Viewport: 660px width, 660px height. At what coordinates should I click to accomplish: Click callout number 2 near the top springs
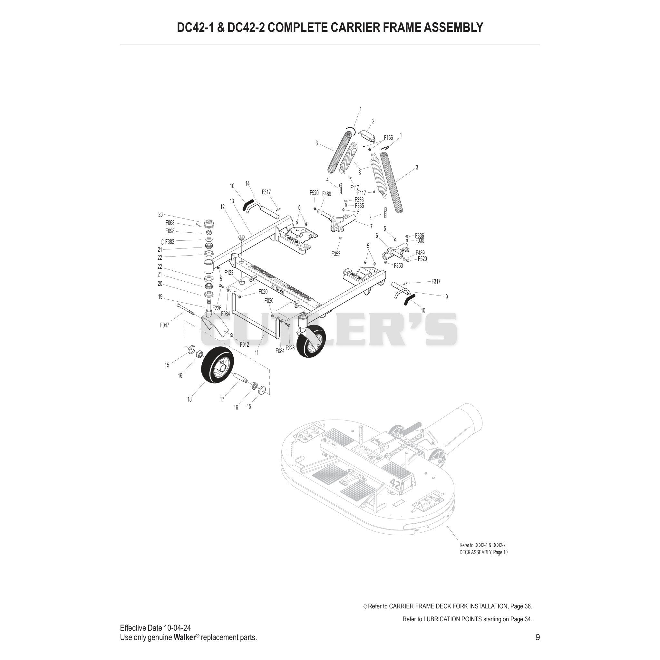coord(373,121)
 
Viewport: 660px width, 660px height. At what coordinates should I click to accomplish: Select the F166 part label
coord(388,138)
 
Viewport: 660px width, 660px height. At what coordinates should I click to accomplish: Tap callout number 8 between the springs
coord(359,173)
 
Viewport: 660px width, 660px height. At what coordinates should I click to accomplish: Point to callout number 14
coord(247,184)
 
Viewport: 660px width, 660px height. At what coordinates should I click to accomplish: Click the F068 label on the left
coord(170,223)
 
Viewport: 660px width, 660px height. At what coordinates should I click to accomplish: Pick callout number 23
coord(160,215)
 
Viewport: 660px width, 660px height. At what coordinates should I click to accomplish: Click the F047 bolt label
coord(165,325)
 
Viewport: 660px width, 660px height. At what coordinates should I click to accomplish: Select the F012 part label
coord(244,345)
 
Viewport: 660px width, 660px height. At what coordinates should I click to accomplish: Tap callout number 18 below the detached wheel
coord(189,399)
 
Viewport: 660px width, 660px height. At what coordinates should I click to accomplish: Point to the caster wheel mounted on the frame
coord(311,341)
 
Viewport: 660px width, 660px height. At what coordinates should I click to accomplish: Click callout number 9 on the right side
coord(446,297)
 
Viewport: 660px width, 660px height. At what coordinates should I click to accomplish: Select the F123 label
coord(229,273)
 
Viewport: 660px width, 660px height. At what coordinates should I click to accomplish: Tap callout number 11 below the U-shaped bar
coord(257,352)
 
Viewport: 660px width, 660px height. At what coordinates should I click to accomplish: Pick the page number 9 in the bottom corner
coord(537,637)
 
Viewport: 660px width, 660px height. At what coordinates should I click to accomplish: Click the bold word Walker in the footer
coord(184,637)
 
